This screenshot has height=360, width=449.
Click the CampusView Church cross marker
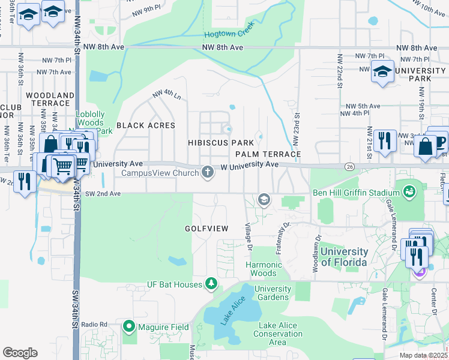208,172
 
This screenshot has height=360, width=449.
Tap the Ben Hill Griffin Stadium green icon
410,193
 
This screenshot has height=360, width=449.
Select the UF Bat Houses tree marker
211,284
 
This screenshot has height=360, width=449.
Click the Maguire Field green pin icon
128,327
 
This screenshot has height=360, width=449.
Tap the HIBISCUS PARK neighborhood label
221,143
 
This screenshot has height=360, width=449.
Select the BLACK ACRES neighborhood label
146,125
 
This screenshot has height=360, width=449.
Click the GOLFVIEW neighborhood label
206,229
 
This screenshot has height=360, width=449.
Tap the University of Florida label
344,257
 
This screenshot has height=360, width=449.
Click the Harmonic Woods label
264,269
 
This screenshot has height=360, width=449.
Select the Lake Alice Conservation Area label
277,334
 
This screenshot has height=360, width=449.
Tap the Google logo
20,353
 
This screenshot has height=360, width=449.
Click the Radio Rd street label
94,325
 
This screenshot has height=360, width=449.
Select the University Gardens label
273,293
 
